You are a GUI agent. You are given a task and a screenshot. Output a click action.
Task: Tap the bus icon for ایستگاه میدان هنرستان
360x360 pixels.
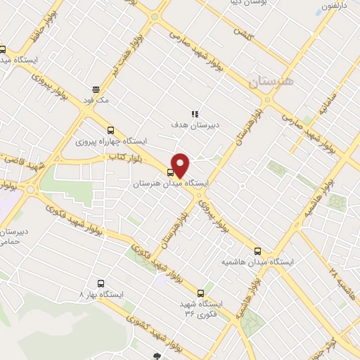(170, 172)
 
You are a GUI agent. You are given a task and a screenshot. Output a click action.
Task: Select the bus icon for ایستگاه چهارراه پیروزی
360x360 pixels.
(110, 130)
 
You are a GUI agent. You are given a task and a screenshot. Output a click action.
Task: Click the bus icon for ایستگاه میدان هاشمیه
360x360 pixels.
(257, 250)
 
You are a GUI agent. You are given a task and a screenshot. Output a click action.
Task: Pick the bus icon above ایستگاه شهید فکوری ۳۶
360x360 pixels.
(201, 292)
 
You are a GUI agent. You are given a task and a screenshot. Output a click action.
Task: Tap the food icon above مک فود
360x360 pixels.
(96, 89)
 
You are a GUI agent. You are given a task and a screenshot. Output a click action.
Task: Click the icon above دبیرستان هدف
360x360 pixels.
(195, 113)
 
